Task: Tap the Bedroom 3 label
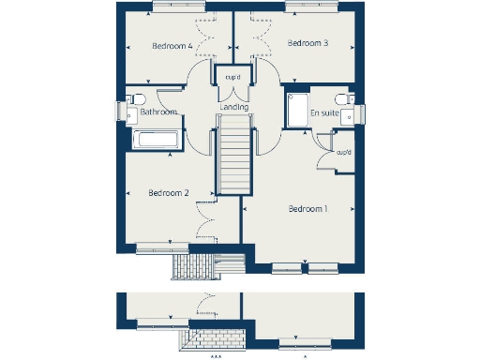coord(307,43)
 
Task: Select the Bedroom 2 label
coord(169,193)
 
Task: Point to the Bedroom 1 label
coord(307,208)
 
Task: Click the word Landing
coord(234,108)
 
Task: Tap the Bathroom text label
coord(158,112)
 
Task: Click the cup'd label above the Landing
coord(233,77)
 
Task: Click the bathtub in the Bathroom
coord(160,141)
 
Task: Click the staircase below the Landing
coord(233,159)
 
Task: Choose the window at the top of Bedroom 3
coord(308,7)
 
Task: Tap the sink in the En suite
coord(349,116)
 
